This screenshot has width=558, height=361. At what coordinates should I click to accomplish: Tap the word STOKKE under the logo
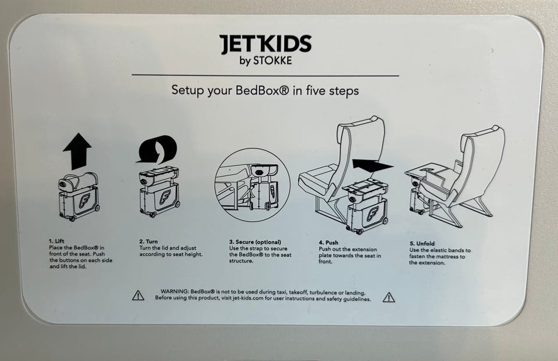coord(272,61)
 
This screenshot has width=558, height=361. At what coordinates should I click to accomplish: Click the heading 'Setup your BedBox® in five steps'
coord(265,91)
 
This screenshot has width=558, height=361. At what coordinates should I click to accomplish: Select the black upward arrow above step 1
coord(77,151)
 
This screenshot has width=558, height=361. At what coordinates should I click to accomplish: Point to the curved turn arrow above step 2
coord(158,149)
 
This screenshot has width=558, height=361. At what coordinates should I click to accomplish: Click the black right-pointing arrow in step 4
coord(373,165)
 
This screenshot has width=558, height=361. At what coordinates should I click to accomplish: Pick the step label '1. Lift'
coord(57,241)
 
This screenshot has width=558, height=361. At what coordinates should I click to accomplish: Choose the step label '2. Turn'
coord(148,241)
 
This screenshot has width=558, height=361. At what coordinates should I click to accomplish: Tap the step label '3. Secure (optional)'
coord(255,242)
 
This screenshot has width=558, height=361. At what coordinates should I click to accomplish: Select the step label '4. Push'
coord(328,243)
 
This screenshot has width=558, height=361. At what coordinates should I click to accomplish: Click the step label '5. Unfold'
coord(422,243)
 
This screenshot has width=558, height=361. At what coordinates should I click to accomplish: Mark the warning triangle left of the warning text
coord(138,295)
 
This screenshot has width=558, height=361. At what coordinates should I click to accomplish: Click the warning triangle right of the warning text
coord(389,297)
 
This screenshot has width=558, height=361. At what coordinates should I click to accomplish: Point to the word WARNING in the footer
coord(174,291)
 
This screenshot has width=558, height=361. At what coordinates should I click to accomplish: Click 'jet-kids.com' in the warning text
coord(248,298)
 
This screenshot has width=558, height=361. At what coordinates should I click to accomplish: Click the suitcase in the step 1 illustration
coord(79,197)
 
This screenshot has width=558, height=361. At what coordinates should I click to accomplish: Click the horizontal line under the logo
coord(265,75)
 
